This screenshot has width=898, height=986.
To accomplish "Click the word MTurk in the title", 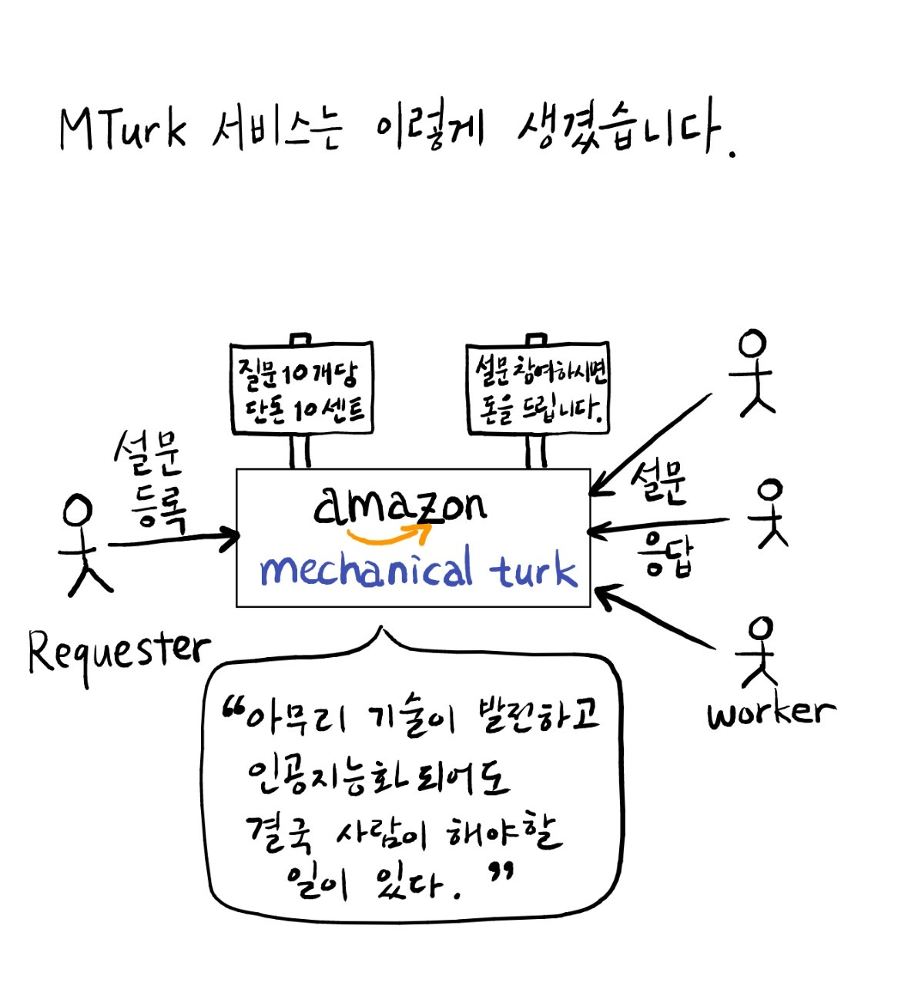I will [122, 128].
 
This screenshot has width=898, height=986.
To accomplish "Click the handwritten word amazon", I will [400, 505].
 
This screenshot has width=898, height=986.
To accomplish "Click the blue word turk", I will [534, 570].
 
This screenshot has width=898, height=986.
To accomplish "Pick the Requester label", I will [118, 651].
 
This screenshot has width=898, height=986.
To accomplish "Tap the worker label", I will [771, 712].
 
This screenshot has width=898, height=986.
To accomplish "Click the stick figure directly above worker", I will [759, 652].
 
